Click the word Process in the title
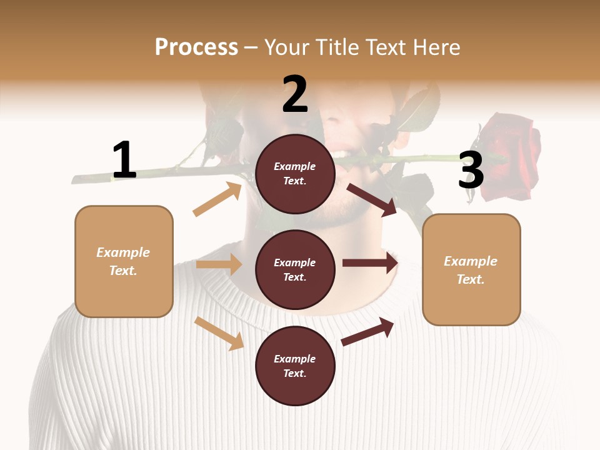point(196,47)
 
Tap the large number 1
point(124,160)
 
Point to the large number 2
point(295,94)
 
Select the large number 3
point(471,170)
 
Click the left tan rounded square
point(124,261)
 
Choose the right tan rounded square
point(471,269)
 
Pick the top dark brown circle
point(295,174)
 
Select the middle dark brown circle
point(295,269)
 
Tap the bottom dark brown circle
point(295,366)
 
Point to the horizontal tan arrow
point(219,264)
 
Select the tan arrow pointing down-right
point(219,333)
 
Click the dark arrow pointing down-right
point(371,199)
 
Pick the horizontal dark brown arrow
point(370,263)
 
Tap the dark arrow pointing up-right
point(367,331)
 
